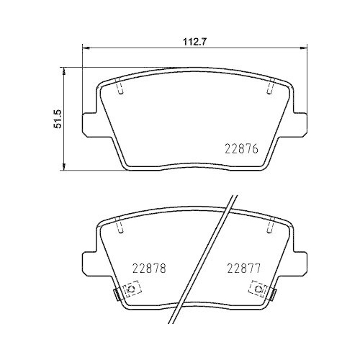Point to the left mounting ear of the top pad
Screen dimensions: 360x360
(x=87, y=123)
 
